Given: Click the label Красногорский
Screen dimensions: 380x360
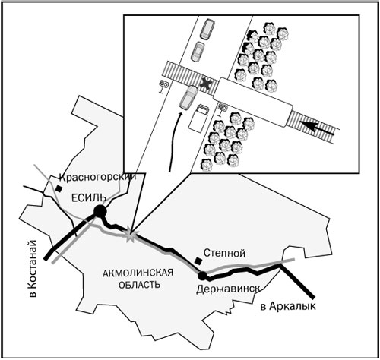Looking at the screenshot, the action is (97, 177).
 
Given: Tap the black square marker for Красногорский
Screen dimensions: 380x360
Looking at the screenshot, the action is (59, 188).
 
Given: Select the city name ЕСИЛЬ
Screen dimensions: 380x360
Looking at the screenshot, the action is (88, 197).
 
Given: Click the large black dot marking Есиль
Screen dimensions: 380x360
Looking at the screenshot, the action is (100, 211).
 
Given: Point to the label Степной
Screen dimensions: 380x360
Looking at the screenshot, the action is (224, 253).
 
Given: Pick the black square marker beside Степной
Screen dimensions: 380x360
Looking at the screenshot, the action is (198, 261).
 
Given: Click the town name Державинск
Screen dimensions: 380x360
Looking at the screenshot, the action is (228, 289).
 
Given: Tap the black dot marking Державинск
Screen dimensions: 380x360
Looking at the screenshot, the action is (202, 276).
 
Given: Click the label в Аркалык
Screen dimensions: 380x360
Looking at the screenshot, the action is (288, 306).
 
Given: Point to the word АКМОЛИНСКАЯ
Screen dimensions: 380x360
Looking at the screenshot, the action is (138, 273).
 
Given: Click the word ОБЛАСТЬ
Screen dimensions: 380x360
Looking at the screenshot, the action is (139, 285).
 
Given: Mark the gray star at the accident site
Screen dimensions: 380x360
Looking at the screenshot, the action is (130, 235).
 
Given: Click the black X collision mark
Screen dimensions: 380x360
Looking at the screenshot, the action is (205, 84).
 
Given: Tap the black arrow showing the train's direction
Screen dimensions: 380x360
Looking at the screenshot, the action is (317, 128).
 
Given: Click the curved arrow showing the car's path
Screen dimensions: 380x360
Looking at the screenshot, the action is (174, 142).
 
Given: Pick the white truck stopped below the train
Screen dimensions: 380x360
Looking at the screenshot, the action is (198, 118).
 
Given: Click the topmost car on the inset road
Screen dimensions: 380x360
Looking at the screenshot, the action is (207, 29).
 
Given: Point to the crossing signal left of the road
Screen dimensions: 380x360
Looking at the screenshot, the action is (163, 87).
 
